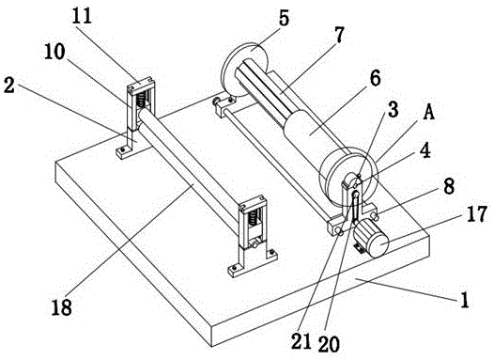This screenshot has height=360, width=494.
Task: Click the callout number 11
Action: [x=82, y=15]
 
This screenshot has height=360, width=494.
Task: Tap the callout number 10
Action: [x=54, y=51]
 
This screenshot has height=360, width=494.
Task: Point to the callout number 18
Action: [x=62, y=306]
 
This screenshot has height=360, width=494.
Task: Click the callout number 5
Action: [x=284, y=18]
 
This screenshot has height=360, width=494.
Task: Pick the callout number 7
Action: [x=339, y=35]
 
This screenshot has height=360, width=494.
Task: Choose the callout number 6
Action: [x=375, y=78]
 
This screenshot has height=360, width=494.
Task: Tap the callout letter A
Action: [x=429, y=112]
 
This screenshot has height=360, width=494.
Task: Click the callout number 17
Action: [x=477, y=214]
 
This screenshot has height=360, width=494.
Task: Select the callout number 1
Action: [x=465, y=299]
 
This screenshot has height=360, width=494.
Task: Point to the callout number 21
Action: [x=301, y=341]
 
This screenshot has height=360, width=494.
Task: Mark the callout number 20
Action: [x=329, y=343]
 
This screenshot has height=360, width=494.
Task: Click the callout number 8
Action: [x=449, y=186]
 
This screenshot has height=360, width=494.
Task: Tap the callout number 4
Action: [x=425, y=150]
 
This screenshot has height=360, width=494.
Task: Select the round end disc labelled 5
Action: [x=245, y=70]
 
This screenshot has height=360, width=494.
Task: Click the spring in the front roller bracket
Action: [x=253, y=218]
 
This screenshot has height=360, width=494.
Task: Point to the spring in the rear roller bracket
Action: [x=141, y=99]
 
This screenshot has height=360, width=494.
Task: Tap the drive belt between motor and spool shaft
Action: [x=355, y=208]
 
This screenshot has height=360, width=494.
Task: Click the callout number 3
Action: [x=393, y=109]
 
